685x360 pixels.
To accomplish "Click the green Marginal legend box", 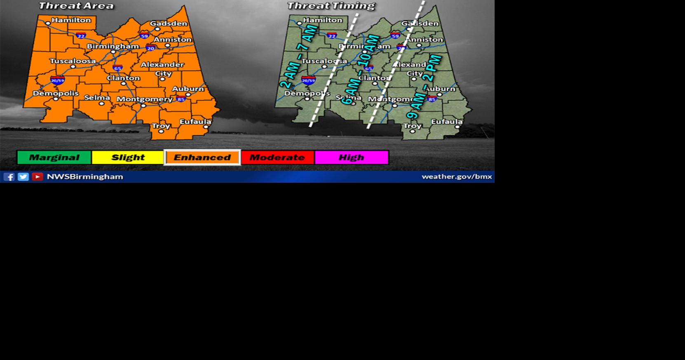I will [54, 158].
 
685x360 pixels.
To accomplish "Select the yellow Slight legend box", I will [128, 158].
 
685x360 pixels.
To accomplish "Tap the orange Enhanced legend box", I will [202, 158].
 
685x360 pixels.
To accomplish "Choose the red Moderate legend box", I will [277, 158].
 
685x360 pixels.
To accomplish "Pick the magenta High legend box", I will [352, 158].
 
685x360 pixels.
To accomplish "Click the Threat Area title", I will [76, 6].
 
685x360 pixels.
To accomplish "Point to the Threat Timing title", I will [331, 6].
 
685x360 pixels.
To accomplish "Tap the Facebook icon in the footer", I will [9, 177].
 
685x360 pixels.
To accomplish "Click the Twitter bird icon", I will [23, 177].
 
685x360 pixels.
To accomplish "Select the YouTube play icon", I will [38, 177].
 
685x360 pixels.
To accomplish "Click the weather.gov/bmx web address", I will [457, 176].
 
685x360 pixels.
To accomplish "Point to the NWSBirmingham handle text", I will [85, 176].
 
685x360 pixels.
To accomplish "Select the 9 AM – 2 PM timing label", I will [424, 86].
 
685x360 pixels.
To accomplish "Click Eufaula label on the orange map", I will [195, 122].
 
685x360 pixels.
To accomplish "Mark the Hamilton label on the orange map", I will [71, 20].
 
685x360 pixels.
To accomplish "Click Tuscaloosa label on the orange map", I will [73, 61].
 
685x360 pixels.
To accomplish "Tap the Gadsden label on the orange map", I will [168, 24].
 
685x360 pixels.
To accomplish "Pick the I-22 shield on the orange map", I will [81, 36].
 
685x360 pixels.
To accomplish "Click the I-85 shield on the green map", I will [432, 99].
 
